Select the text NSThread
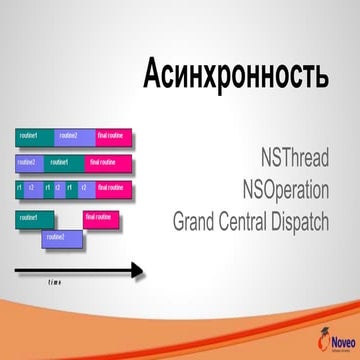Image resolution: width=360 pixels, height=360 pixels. coord(294,158)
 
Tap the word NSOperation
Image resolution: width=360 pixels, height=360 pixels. coord(284,188)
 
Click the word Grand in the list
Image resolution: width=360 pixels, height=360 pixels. coord(196,220)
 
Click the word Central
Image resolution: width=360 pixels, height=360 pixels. coord(244,220)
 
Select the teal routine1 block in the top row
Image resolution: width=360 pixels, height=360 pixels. coord(33,136)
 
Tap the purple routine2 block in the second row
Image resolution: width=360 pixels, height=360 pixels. coord(28,162)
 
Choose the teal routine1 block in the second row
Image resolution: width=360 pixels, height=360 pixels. coord(61,162)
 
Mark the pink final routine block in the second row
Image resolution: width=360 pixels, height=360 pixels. coord(103,162)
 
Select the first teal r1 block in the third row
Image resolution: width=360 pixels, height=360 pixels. coord(19,188)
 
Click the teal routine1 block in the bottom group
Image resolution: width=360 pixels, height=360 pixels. coord(32,218)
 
